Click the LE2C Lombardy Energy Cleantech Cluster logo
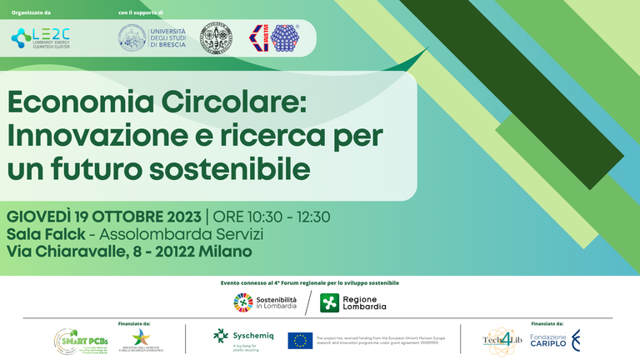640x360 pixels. pos(41,37)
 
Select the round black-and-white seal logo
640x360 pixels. pos(216,38)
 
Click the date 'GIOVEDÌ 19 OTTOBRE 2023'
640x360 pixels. pos(103,217)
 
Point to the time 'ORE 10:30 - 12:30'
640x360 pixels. pos(272,217)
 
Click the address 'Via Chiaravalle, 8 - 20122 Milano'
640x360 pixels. pos(129,250)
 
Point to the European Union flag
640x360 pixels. pos(300,340)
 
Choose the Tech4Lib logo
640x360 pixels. pos(502,339)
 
